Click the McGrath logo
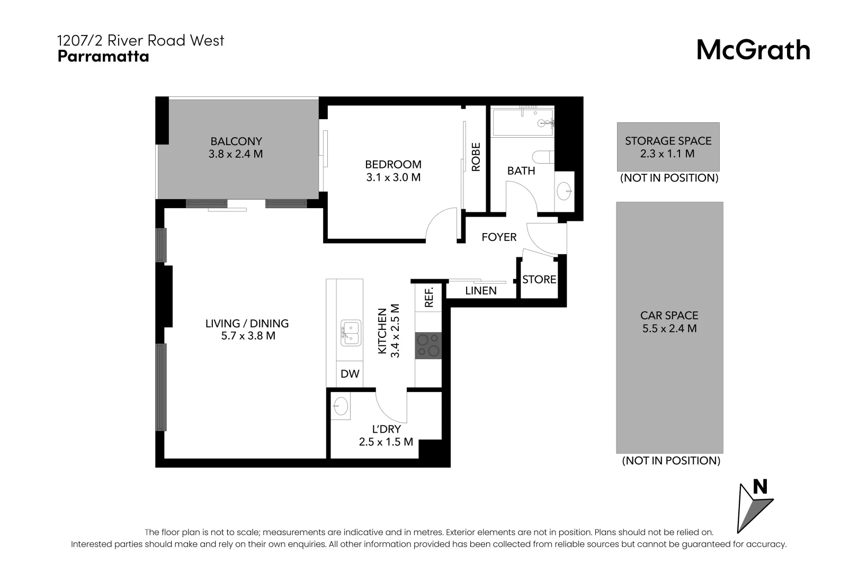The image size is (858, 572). pyautogui.click(x=753, y=50)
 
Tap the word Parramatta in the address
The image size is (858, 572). pyautogui.click(x=103, y=56)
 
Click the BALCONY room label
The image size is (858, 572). pyautogui.click(x=236, y=141)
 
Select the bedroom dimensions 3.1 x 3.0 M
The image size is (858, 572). pyautogui.click(x=393, y=177)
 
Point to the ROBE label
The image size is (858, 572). pyautogui.click(x=476, y=157)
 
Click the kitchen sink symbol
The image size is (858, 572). pyautogui.click(x=351, y=333)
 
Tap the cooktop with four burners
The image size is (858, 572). pyautogui.click(x=428, y=345)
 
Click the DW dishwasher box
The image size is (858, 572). pyautogui.click(x=350, y=374)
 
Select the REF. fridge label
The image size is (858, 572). pyautogui.click(x=429, y=297)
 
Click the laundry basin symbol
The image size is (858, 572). pyautogui.click(x=341, y=406)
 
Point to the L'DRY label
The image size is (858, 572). pyautogui.click(x=386, y=429)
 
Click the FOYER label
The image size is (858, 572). pyautogui.click(x=499, y=237)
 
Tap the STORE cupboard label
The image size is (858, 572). pyautogui.click(x=539, y=280)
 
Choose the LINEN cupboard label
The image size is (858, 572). pyautogui.click(x=481, y=291)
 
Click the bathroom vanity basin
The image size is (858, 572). pyautogui.click(x=565, y=190)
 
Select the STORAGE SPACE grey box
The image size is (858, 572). pyautogui.click(x=668, y=147)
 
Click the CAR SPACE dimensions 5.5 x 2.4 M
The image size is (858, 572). pyautogui.click(x=669, y=328)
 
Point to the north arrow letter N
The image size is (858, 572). pyautogui.click(x=760, y=487)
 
